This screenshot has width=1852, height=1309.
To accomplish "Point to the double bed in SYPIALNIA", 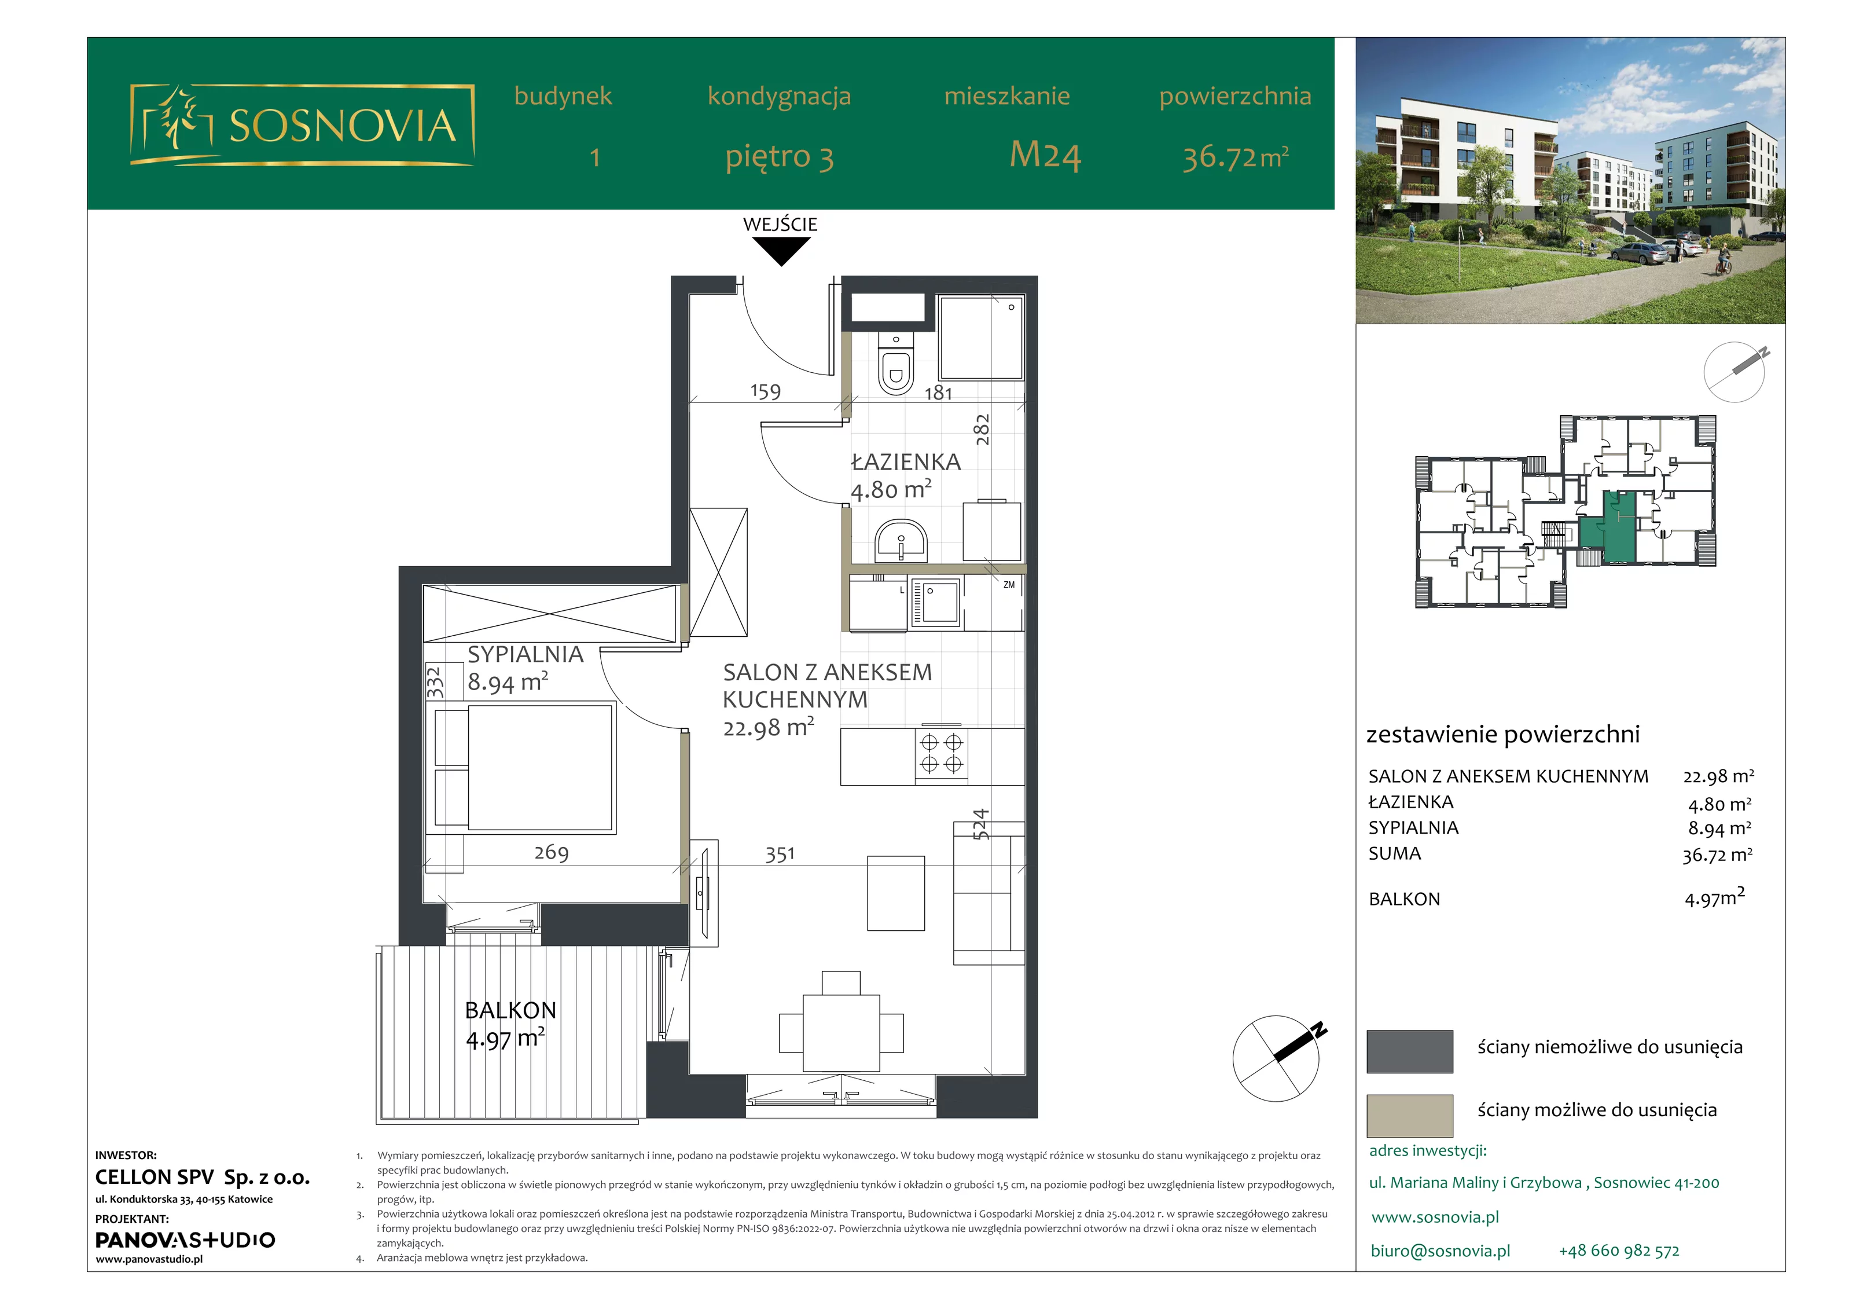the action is point(525,768).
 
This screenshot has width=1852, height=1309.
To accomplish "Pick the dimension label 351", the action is point(780,854).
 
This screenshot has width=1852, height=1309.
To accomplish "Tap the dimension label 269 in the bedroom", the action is point(552,852).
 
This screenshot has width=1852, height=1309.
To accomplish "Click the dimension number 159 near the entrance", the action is point(766,391).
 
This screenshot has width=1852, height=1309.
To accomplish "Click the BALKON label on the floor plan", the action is point(510,1010).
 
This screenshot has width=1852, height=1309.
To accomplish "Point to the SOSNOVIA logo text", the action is point(343,126).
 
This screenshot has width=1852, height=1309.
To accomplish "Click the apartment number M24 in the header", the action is point(1045,155).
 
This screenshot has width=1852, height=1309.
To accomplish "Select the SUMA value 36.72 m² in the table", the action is point(1717,855).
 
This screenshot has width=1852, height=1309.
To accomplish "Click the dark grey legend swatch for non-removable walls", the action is point(1409,1051).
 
